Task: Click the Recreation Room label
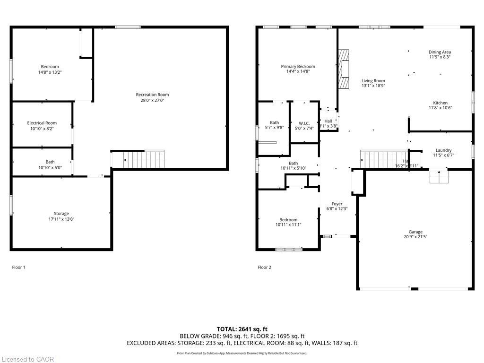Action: coord(152,95)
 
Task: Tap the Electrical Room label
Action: coord(42,123)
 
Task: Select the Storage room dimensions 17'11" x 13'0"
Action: coord(61,219)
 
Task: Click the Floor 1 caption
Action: coord(18,268)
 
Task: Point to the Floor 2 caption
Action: coord(265,268)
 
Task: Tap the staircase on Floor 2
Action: coord(383,159)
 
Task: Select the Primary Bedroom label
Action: coord(298,67)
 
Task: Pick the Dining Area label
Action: coord(440,52)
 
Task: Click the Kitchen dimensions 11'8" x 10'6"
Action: coord(440,108)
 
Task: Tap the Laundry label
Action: coord(443,150)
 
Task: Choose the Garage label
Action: coord(415,232)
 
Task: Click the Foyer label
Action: coord(337,204)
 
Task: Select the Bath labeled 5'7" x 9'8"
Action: coord(275,125)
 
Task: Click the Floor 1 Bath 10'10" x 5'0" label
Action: coord(50,164)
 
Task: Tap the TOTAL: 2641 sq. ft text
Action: coord(242,329)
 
